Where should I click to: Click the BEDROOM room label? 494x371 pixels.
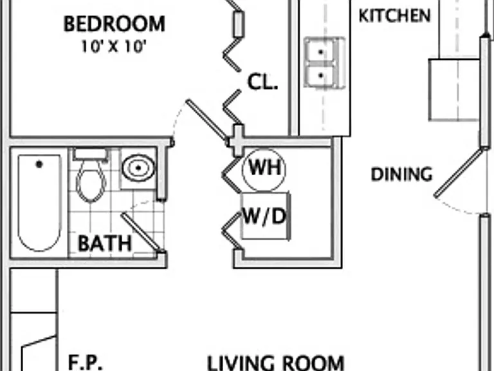114,24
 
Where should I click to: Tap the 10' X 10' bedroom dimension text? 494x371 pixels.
114,46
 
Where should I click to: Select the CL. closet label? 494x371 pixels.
262,82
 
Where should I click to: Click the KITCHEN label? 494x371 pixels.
394,15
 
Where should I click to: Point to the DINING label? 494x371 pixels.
401,174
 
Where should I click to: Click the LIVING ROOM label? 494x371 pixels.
276,363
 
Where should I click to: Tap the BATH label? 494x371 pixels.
105,243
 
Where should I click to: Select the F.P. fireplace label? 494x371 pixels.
85,362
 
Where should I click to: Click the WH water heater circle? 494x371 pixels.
264,169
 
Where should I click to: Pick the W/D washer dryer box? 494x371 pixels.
265,216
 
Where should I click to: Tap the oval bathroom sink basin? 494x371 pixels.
138,168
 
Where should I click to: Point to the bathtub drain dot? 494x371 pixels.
39,164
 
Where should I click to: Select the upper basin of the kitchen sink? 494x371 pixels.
321,51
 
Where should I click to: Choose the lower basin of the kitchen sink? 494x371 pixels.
321,75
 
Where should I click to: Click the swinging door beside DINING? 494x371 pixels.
459,173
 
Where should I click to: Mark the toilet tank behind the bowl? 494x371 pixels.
91,155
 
